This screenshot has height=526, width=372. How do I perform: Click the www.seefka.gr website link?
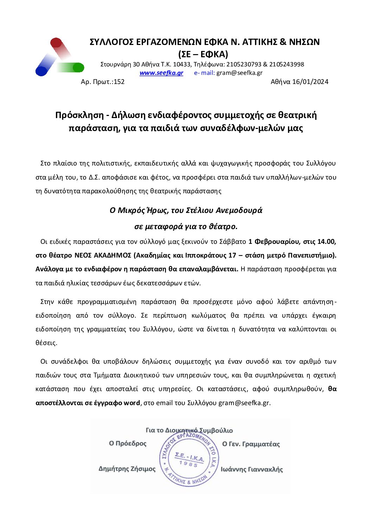point(161,73)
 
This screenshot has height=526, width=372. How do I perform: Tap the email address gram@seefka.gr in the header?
point(239,73)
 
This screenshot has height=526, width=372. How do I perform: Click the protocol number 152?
point(119,82)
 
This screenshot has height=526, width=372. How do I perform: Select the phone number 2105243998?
point(287,64)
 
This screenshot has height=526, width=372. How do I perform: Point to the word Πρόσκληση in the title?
point(79,115)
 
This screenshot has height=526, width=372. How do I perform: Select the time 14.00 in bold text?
point(327,242)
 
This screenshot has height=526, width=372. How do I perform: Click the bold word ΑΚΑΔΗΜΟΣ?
point(113,255)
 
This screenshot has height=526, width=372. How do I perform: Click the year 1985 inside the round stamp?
point(188,464)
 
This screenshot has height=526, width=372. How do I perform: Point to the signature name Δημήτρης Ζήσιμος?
point(127,469)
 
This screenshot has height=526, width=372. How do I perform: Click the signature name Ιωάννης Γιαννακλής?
point(252,469)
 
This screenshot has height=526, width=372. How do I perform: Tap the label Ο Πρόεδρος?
point(128,443)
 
